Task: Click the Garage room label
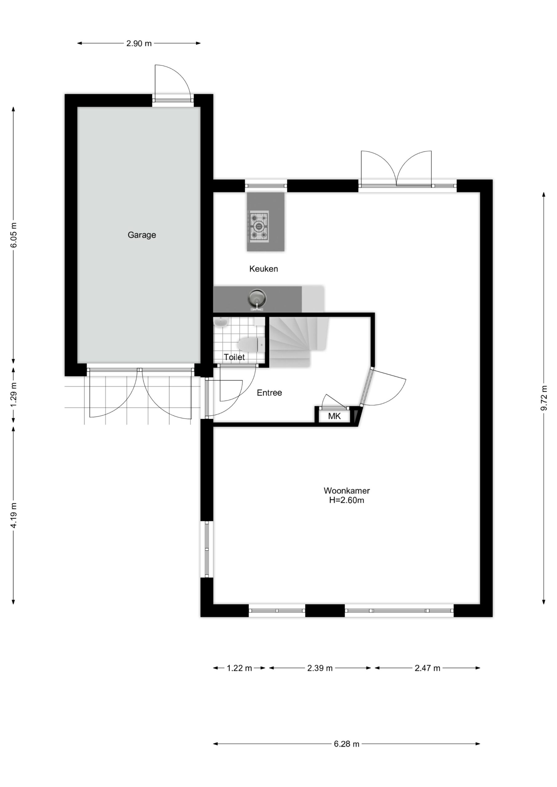[x=142, y=235]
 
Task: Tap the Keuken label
[x=263, y=269]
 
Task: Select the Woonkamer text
[x=347, y=491]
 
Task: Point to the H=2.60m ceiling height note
[x=347, y=500]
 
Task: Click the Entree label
[x=269, y=393]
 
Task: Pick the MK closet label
[x=334, y=416]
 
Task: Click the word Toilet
[x=234, y=357]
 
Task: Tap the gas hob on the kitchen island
[x=258, y=226]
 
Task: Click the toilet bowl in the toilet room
[x=250, y=345]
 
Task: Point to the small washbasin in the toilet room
[x=221, y=322]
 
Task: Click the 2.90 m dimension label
[x=139, y=44]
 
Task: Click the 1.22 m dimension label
[x=239, y=668]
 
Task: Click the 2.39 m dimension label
[x=320, y=668]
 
